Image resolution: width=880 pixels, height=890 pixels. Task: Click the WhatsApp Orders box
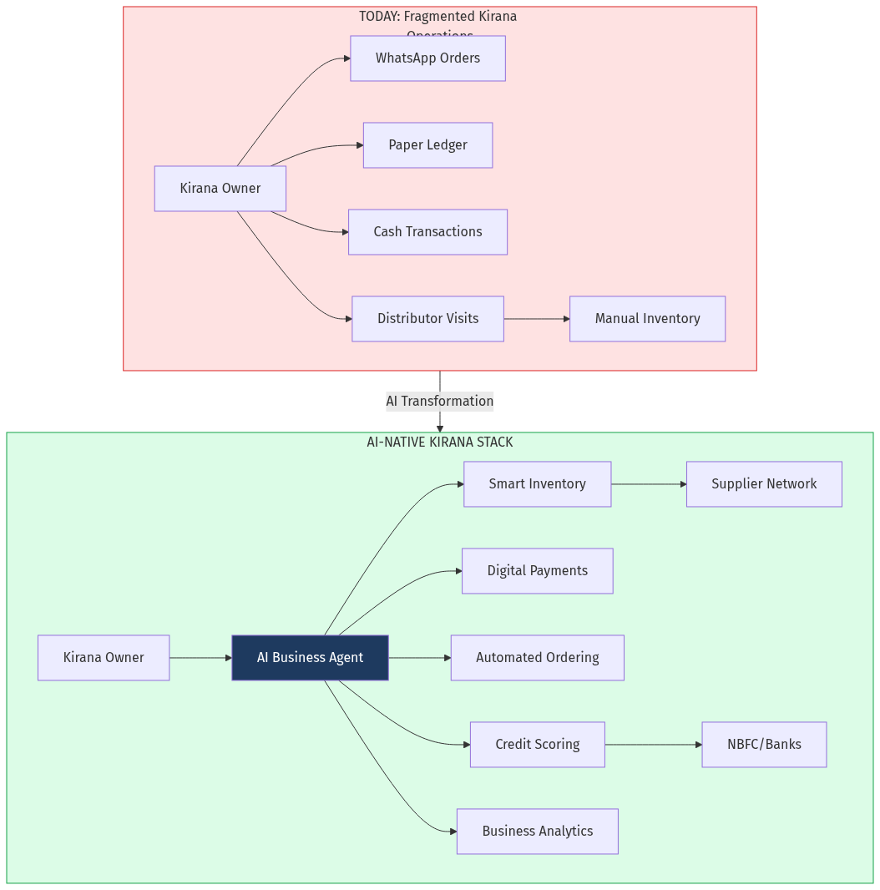click(427, 58)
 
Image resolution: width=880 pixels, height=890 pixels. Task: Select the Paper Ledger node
click(427, 145)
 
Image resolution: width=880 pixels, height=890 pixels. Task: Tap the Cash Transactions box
click(427, 232)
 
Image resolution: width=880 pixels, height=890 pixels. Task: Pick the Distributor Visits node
click(427, 319)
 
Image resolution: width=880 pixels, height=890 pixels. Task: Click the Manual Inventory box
click(647, 319)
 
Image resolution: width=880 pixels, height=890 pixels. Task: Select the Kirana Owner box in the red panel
click(220, 189)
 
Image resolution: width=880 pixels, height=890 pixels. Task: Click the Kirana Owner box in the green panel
click(104, 658)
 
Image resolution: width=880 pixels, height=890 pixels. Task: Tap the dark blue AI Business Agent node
click(310, 658)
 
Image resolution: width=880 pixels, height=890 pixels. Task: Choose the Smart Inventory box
click(537, 484)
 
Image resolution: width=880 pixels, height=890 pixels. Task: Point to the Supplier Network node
click(764, 484)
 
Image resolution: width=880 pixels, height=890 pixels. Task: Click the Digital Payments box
click(537, 571)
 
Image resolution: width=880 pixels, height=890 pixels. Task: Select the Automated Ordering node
click(537, 658)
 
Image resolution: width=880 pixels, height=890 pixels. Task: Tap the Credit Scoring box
click(537, 745)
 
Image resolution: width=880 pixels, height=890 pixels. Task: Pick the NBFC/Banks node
click(764, 745)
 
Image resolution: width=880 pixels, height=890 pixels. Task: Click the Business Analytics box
click(537, 832)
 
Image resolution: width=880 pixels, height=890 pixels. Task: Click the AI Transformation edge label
click(439, 402)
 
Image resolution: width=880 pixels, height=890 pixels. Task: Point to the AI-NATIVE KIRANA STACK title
click(439, 442)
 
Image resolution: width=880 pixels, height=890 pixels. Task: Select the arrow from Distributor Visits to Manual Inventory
click(536, 319)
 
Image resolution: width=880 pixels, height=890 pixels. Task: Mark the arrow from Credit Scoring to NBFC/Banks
click(653, 745)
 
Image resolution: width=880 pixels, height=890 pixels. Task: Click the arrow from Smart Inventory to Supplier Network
click(648, 484)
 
